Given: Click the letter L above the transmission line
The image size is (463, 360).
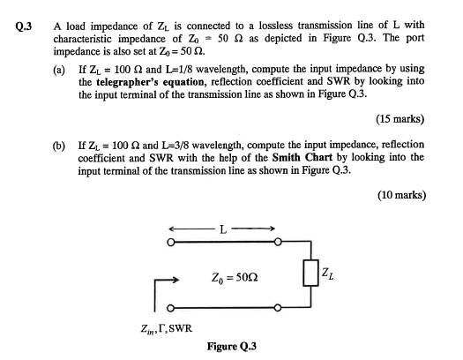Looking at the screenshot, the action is [x=224, y=231].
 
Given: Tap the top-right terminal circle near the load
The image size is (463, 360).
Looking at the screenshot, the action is [x=278, y=239].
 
